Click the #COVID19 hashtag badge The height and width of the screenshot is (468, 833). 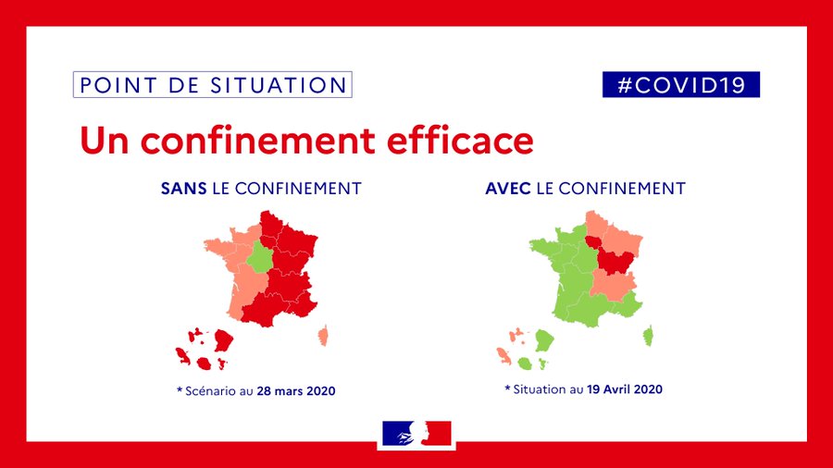tap(681, 84)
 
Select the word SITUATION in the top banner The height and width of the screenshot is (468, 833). tap(279, 85)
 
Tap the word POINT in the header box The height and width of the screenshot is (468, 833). tap(118, 85)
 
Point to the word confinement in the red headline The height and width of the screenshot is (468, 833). tap(258, 142)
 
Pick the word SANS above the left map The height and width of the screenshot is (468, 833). tap(184, 189)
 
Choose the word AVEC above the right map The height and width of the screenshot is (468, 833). tap(508, 189)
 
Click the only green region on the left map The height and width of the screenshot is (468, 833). tap(260, 256)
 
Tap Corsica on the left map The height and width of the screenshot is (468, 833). tap(324, 336)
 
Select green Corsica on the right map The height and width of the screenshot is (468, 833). tap(648, 336)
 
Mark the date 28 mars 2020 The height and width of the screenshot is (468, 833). tap(296, 391)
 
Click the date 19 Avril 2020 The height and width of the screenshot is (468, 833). tap(625, 389)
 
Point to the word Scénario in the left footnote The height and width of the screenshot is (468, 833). tap(211, 391)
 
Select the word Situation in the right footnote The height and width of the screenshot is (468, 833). tap(541, 389)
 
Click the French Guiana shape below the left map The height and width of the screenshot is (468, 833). tap(224, 340)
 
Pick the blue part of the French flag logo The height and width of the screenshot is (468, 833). tap(397, 433)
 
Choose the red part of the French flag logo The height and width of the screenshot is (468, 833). tap(437, 433)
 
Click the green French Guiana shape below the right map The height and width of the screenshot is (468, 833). tap(544, 340)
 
